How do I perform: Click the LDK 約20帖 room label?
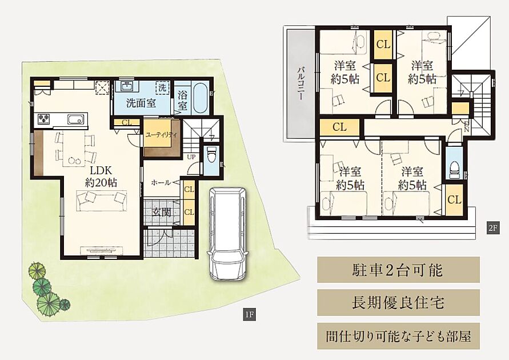(x=101, y=176)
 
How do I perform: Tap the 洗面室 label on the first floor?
(x=141, y=103)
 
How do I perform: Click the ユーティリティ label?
(x=161, y=135)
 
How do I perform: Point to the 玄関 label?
(x=161, y=212)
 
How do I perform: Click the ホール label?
(x=161, y=183)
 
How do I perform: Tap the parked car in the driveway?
(x=227, y=233)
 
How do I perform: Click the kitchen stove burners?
(x=44, y=118)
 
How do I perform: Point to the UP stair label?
(x=191, y=157)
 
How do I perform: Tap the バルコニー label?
(x=300, y=83)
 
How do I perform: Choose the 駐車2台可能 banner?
(x=398, y=270)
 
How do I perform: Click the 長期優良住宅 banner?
(x=398, y=303)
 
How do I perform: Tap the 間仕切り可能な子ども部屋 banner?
(x=398, y=336)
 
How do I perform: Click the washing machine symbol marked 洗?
(x=163, y=87)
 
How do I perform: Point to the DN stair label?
(x=467, y=127)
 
